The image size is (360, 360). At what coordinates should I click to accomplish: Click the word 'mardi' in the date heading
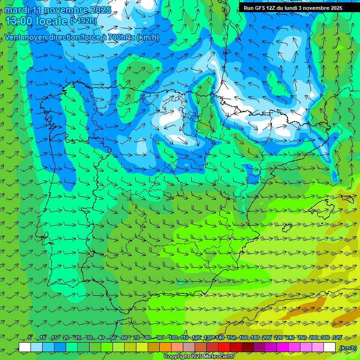[x=17, y=10]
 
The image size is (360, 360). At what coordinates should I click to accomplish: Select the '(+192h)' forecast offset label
[x=83, y=21]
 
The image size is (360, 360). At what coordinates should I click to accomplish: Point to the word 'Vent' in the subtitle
[x=14, y=37]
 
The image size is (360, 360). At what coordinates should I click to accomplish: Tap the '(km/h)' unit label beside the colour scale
[x=347, y=348]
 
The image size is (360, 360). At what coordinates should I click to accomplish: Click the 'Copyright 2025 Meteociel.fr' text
[x=198, y=357]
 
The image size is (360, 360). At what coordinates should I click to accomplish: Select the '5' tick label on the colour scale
[x=30, y=337]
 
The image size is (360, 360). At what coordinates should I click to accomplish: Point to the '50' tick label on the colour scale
[x=112, y=337]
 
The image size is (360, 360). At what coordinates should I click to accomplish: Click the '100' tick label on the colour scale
[x=173, y=337]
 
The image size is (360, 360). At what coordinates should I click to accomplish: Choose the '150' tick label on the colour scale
[x=232, y=337]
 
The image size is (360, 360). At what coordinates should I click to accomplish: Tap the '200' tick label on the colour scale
[x=267, y=337]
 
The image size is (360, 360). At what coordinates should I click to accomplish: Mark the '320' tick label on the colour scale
[x=337, y=337]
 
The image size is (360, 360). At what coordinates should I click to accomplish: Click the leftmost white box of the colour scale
[x=25, y=347]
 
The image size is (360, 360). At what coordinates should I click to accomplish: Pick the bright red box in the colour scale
[x=224, y=347]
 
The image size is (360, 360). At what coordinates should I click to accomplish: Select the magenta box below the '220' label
[x=283, y=347]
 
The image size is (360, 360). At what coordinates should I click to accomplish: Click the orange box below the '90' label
[x=165, y=347]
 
